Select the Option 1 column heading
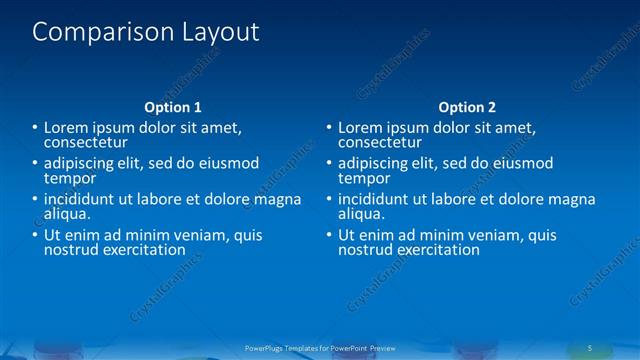pyautogui.click(x=173, y=107)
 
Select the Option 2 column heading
pyautogui.click(x=467, y=107)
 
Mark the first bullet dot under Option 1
pyautogui.click(x=33, y=128)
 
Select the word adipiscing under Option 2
pyautogui.click(x=375, y=163)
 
